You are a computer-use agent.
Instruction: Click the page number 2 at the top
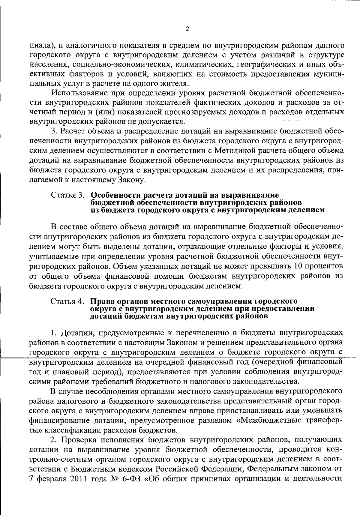[x=187, y=29]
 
